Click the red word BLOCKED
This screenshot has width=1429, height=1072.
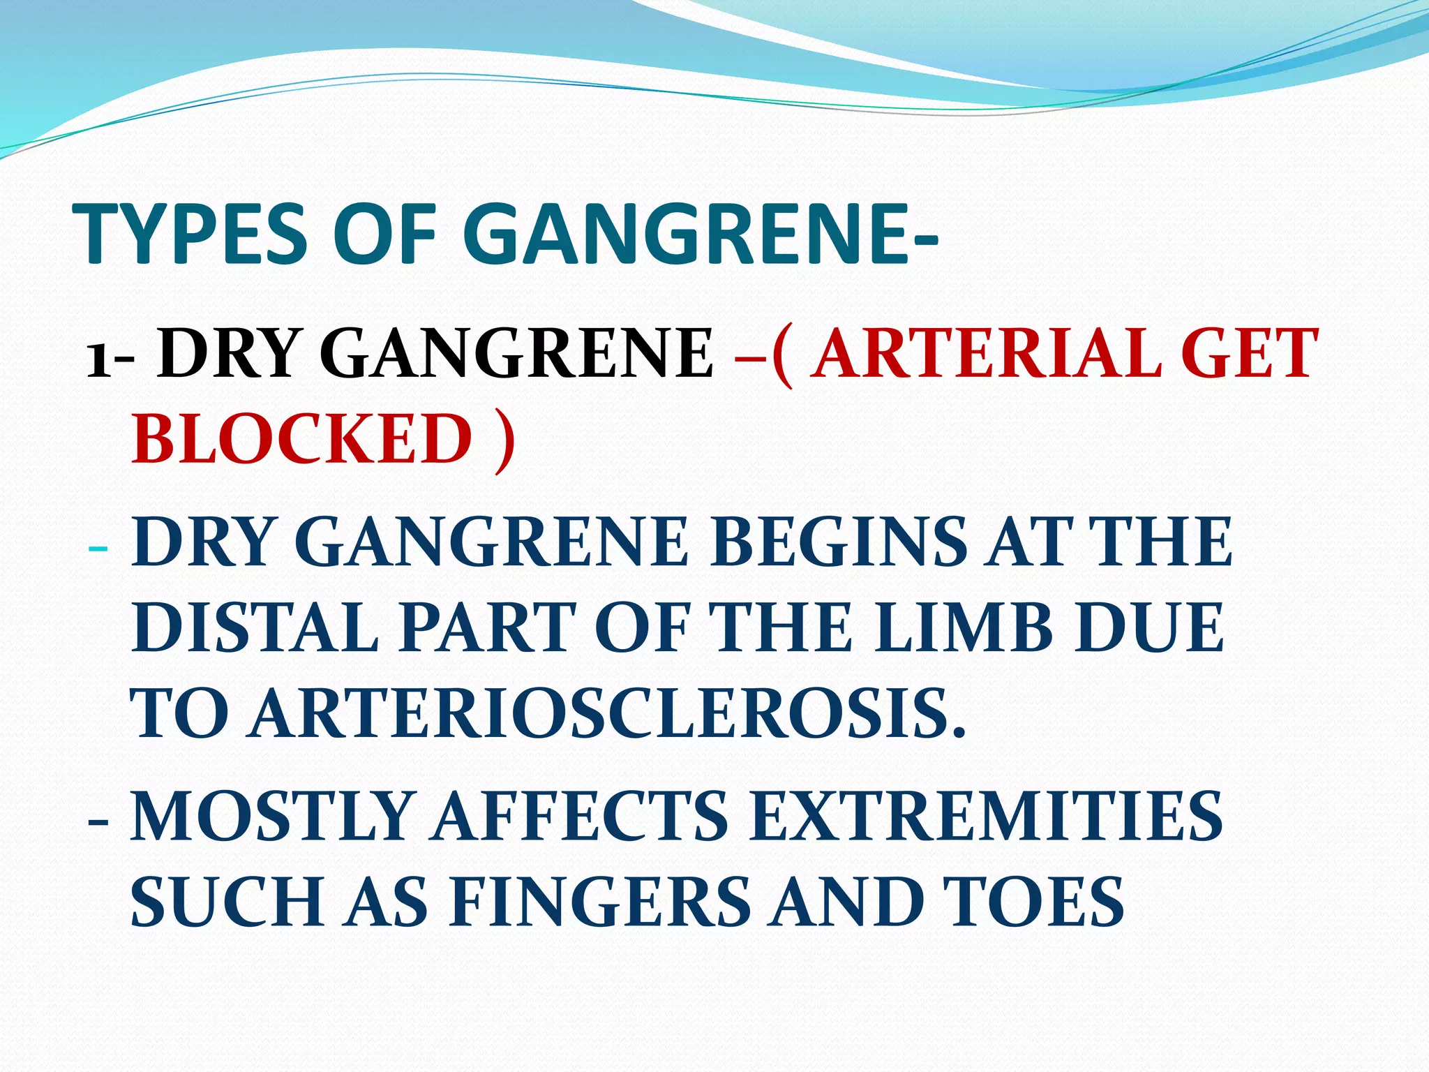click(x=302, y=438)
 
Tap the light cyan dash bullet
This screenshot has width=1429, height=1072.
click(x=98, y=546)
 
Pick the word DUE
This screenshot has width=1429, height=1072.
click(x=1149, y=627)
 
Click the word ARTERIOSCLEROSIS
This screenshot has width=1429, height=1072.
click(x=608, y=713)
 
